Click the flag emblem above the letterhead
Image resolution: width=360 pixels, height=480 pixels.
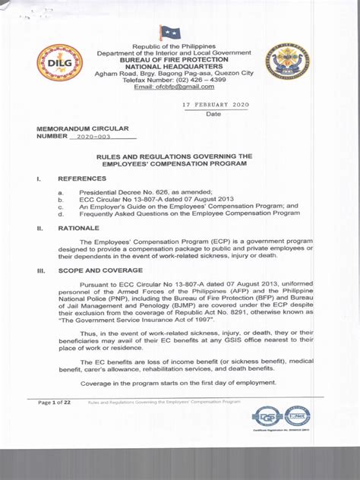[170, 33]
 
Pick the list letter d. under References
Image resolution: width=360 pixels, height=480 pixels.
[61, 213]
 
